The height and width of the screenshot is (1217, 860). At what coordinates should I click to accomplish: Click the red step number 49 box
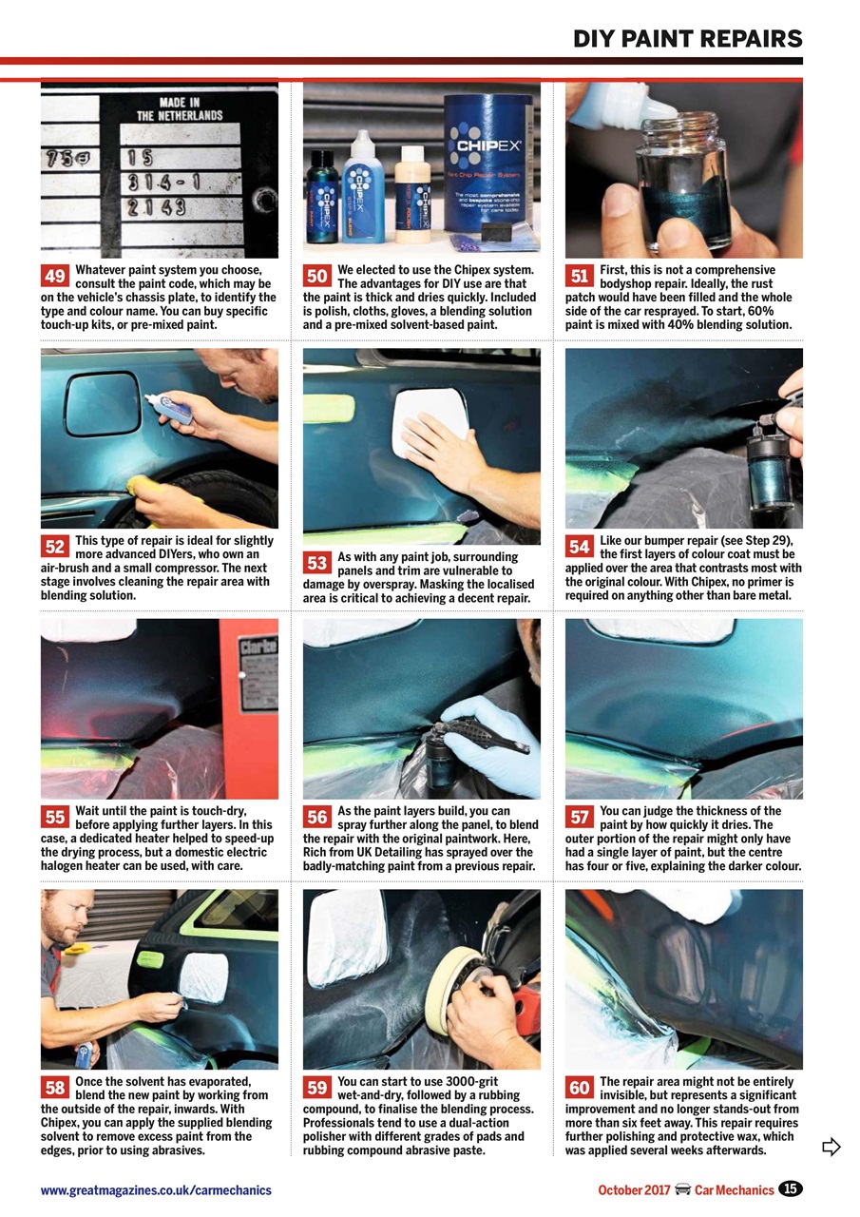[55, 277]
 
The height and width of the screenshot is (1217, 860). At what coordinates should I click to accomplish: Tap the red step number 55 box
[55, 817]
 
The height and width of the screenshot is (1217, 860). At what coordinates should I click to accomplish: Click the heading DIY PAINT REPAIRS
[687, 39]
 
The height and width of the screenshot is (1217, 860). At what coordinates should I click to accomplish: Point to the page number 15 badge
[791, 1188]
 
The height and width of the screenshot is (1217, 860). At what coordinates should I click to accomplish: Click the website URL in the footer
[156, 1189]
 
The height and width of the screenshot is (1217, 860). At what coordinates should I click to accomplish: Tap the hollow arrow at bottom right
[831, 1147]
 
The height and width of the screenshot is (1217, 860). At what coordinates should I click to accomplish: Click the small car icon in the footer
[682, 1189]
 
